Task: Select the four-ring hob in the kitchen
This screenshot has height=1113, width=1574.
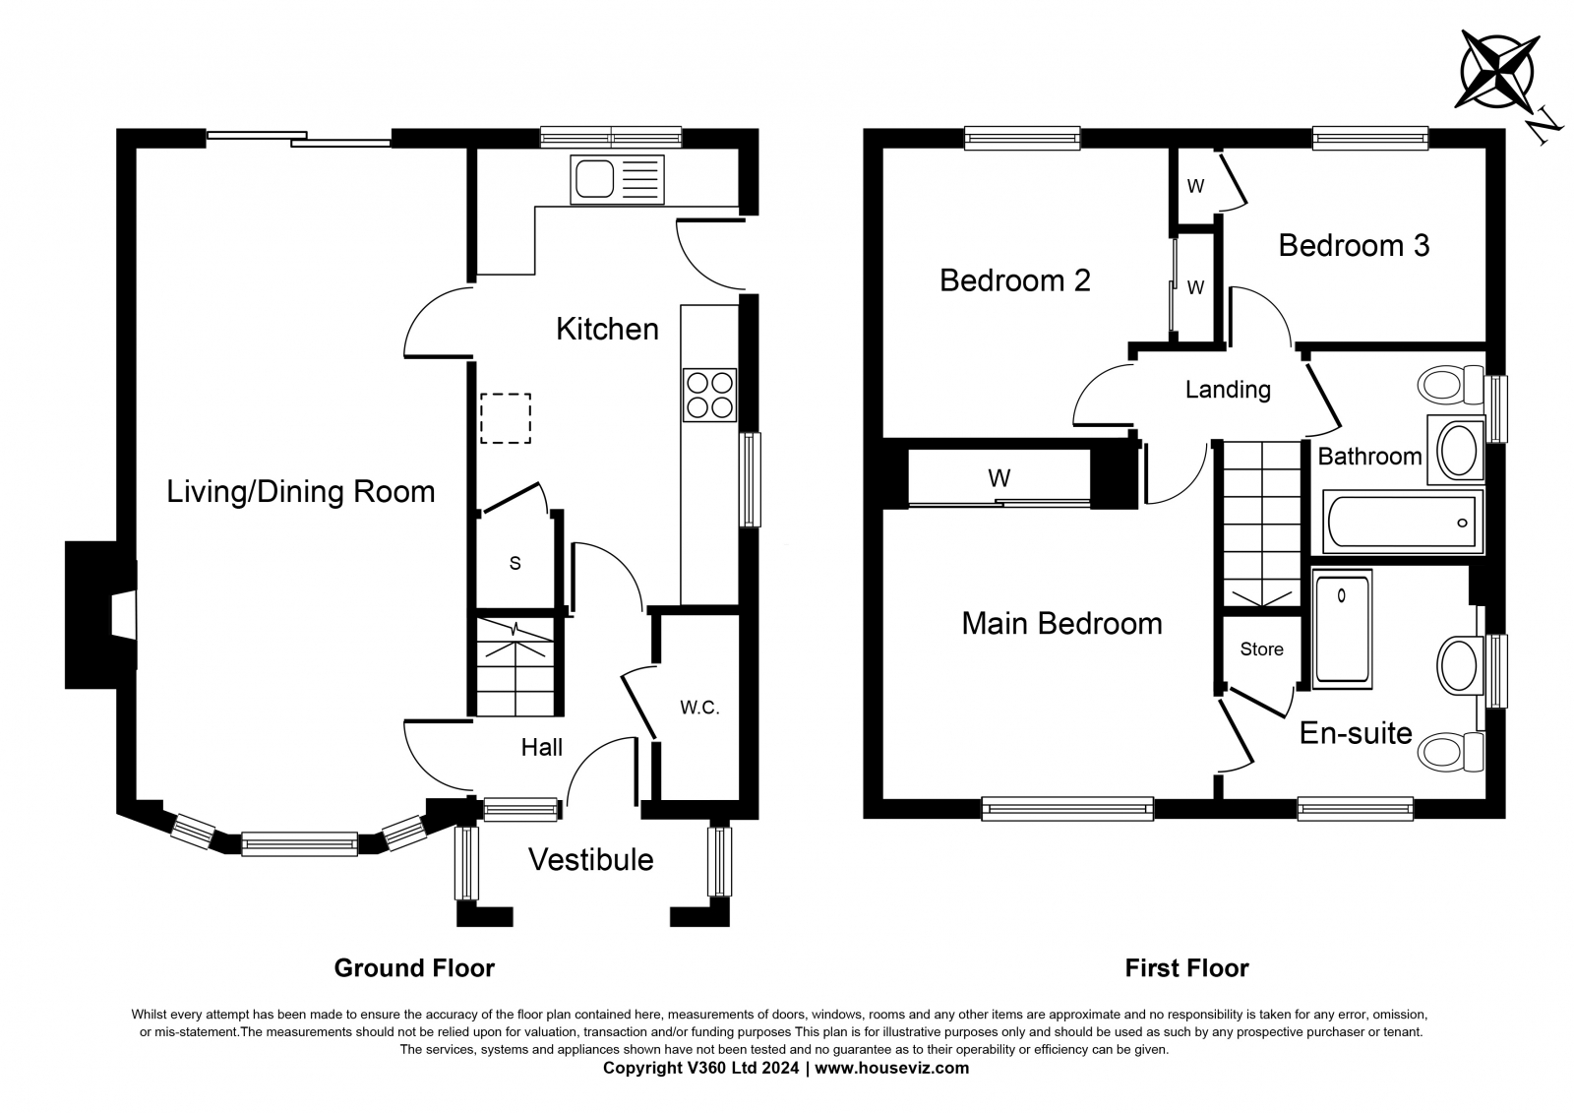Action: [x=709, y=396]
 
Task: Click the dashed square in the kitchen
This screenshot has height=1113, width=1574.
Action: [x=506, y=418]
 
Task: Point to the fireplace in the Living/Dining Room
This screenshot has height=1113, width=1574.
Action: [x=100, y=615]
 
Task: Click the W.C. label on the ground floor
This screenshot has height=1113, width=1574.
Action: [x=699, y=708]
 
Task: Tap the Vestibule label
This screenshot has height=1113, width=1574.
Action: [x=590, y=860]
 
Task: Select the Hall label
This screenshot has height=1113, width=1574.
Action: [x=541, y=747]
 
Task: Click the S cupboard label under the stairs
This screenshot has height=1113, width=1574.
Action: [x=515, y=563]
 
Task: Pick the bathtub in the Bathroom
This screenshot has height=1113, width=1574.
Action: [x=1403, y=523]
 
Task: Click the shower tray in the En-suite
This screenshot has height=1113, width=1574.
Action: [x=1342, y=629]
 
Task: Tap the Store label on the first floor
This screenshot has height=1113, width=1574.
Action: [x=1261, y=649]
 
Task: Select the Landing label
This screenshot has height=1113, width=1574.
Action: [x=1228, y=390]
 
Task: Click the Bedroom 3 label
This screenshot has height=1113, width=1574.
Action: [x=1354, y=245]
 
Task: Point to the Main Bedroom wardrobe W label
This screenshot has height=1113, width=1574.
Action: [x=999, y=478]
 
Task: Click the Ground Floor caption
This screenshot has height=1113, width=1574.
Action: [x=414, y=968]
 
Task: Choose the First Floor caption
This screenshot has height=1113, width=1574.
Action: [x=1186, y=968]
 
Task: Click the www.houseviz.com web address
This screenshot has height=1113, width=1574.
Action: [x=891, y=1068]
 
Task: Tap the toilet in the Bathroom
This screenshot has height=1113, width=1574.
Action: [x=1450, y=385]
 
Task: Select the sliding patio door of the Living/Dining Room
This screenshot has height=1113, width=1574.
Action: [x=299, y=138]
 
